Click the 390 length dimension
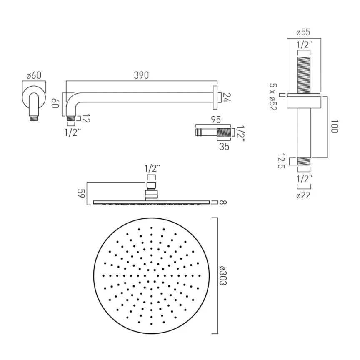(x=141, y=75)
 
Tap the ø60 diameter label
(x=33, y=76)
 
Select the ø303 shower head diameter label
(x=223, y=275)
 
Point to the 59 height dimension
(x=82, y=193)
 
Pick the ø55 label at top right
(x=303, y=32)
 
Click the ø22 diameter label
(x=303, y=195)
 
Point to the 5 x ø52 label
(x=272, y=97)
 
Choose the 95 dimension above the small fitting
(x=215, y=120)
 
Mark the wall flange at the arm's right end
(x=215, y=97)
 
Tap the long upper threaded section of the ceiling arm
(x=303, y=73)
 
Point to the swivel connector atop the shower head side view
(x=151, y=191)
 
